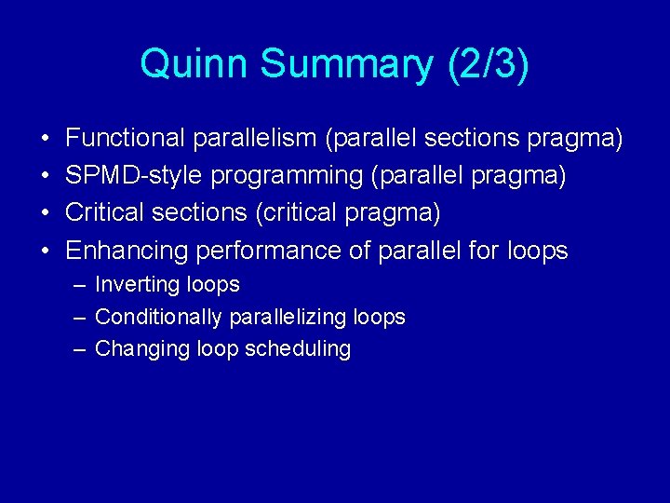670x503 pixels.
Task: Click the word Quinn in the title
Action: (194, 64)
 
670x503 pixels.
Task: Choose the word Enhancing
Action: (126, 251)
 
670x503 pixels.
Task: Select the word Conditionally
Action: (158, 317)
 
